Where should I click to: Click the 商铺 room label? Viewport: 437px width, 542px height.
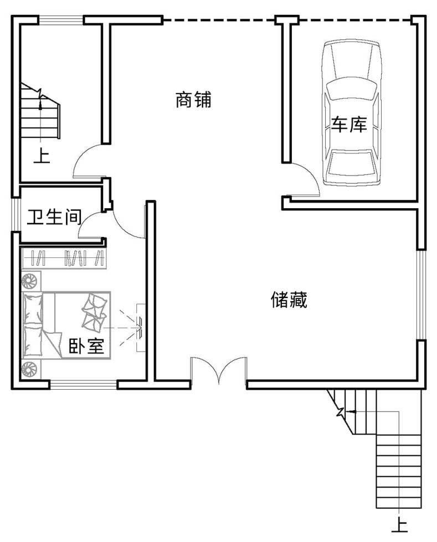pos(193,100)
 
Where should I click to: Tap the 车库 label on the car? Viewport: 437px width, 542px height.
pos(349,125)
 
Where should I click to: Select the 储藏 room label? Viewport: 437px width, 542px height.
pos(289,300)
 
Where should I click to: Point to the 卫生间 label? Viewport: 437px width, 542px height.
pos(55,217)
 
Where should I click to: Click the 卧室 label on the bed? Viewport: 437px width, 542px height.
pos(86,345)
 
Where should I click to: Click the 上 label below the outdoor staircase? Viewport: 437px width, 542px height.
pos(400,525)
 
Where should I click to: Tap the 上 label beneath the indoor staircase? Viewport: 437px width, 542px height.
pos(42,156)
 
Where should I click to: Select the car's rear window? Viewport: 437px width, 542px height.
pos(351,163)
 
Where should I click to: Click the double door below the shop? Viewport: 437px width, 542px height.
pos(218,370)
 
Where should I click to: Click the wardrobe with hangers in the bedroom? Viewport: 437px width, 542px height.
pos(64,258)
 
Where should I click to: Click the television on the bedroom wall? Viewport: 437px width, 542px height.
pos(140,328)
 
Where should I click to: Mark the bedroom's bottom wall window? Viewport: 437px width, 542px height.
pos(84,384)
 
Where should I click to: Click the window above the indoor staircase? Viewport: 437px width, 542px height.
pos(61,20)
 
